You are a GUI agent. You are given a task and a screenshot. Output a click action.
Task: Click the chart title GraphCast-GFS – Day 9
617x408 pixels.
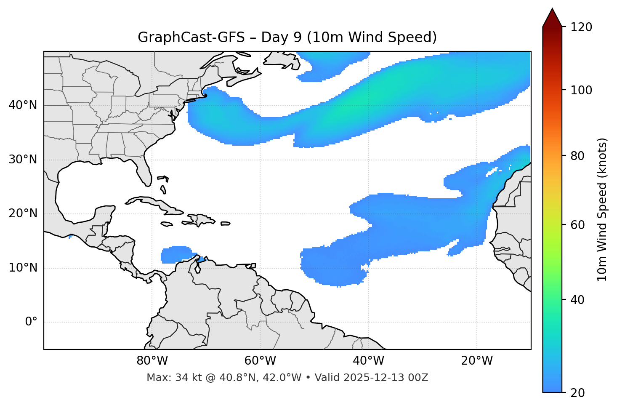(x=287, y=37)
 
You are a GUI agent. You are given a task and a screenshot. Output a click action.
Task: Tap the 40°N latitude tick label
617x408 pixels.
(x=23, y=105)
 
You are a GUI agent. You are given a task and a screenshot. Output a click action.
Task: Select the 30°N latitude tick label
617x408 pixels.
(x=23, y=160)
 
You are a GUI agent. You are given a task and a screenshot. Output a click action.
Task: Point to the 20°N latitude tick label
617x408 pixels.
(x=23, y=213)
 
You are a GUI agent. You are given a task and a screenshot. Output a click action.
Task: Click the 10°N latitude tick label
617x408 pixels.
(x=23, y=268)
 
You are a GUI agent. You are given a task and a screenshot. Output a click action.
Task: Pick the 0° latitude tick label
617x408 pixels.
(x=31, y=322)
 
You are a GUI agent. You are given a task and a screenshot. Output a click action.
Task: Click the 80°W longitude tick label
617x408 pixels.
(x=152, y=361)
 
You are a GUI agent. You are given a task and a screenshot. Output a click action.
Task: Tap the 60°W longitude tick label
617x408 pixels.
(x=260, y=361)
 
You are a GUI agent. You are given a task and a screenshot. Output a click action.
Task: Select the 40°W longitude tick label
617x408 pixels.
(x=368, y=361)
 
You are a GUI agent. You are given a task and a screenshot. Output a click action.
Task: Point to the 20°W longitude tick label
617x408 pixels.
(x=476, y=361)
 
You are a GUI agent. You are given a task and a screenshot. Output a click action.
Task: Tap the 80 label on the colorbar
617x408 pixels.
(x=580, y=156)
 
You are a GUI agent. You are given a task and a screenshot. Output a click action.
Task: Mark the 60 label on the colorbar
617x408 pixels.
(x=580, y=225)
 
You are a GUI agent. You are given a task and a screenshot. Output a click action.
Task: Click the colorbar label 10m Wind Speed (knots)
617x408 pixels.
(x=602, y=209)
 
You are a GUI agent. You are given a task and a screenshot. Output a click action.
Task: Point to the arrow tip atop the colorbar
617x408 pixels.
(x=552, y=9)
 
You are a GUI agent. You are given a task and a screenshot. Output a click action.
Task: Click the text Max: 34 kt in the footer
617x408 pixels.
(x=166, y=378)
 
